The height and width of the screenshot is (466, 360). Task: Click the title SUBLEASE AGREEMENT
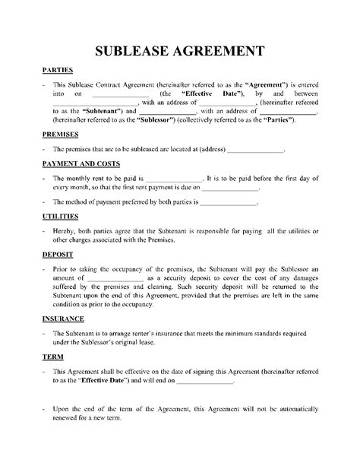tap(179, 51)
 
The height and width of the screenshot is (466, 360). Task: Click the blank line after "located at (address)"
tap(255, 151)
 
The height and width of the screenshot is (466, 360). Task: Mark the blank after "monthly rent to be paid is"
tap(175, 176)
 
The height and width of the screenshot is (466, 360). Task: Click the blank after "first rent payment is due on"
tap(231, 186)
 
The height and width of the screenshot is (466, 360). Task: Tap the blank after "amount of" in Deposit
tap(115, 280)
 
